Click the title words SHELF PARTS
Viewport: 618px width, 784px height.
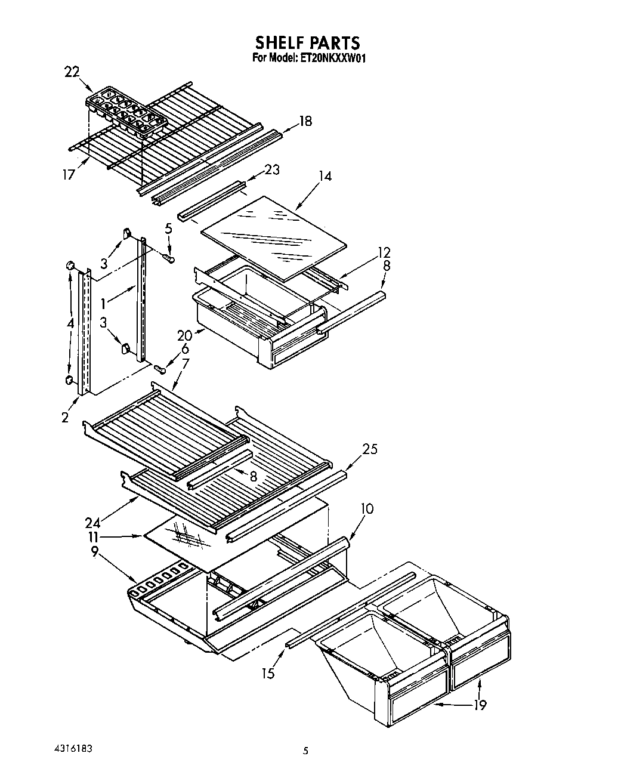(x=307, y=43)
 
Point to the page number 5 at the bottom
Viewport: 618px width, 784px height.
(x=305, y=752)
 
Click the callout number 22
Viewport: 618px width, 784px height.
(x=72, y=72)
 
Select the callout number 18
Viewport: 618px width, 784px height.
(x=305, y=121)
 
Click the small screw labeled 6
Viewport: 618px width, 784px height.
(x=160, y=369)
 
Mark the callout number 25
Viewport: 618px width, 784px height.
(x=370, y=449)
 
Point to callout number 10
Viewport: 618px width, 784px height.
(x=367, y=508)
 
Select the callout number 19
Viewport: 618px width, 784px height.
(x=480, y=705)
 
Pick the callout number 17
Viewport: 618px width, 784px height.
(x=70, y=175)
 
